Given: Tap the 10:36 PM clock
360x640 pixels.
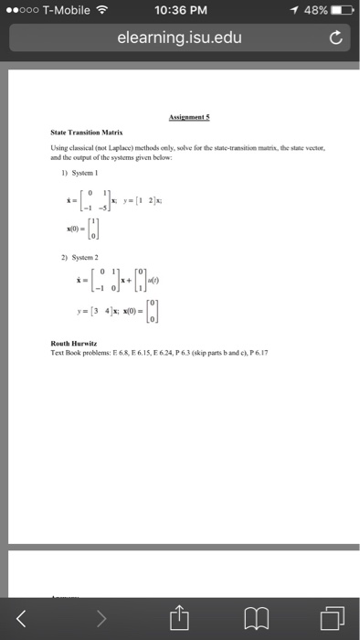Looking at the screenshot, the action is [x=180, y=10].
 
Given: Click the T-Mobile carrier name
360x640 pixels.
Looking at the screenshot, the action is [x=64, y=10].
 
